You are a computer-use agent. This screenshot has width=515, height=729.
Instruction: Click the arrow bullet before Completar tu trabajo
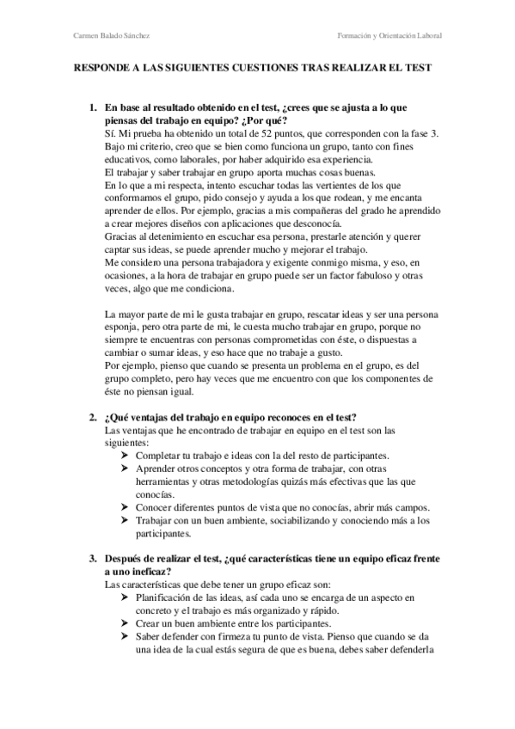[x=125, y=455]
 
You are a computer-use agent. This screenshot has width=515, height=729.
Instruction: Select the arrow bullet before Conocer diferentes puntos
[x=125, y=507]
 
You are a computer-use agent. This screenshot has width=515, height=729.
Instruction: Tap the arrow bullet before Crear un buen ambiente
[x=125, y=623]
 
